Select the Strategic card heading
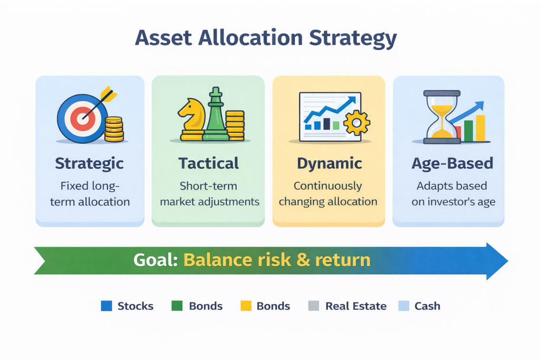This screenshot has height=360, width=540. [x=90, y=163]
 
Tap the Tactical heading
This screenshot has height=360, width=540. [x=208, y=163]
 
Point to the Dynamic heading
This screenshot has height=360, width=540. [x=330, y=163]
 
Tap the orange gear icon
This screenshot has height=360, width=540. [x=356, y=123]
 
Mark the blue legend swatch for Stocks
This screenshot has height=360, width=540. [x=107, y=306]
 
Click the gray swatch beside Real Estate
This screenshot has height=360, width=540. [x=313, y=306]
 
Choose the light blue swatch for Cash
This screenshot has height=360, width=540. [x=403, y=306]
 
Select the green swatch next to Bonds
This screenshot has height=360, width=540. [x=177, y=306]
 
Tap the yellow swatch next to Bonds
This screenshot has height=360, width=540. [x=246, y=306]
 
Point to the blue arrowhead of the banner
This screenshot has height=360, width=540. [x=495, y=261]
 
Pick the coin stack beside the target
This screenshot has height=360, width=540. [x=113, y=130]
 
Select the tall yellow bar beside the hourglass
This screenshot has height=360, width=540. [x=480, y=128]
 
